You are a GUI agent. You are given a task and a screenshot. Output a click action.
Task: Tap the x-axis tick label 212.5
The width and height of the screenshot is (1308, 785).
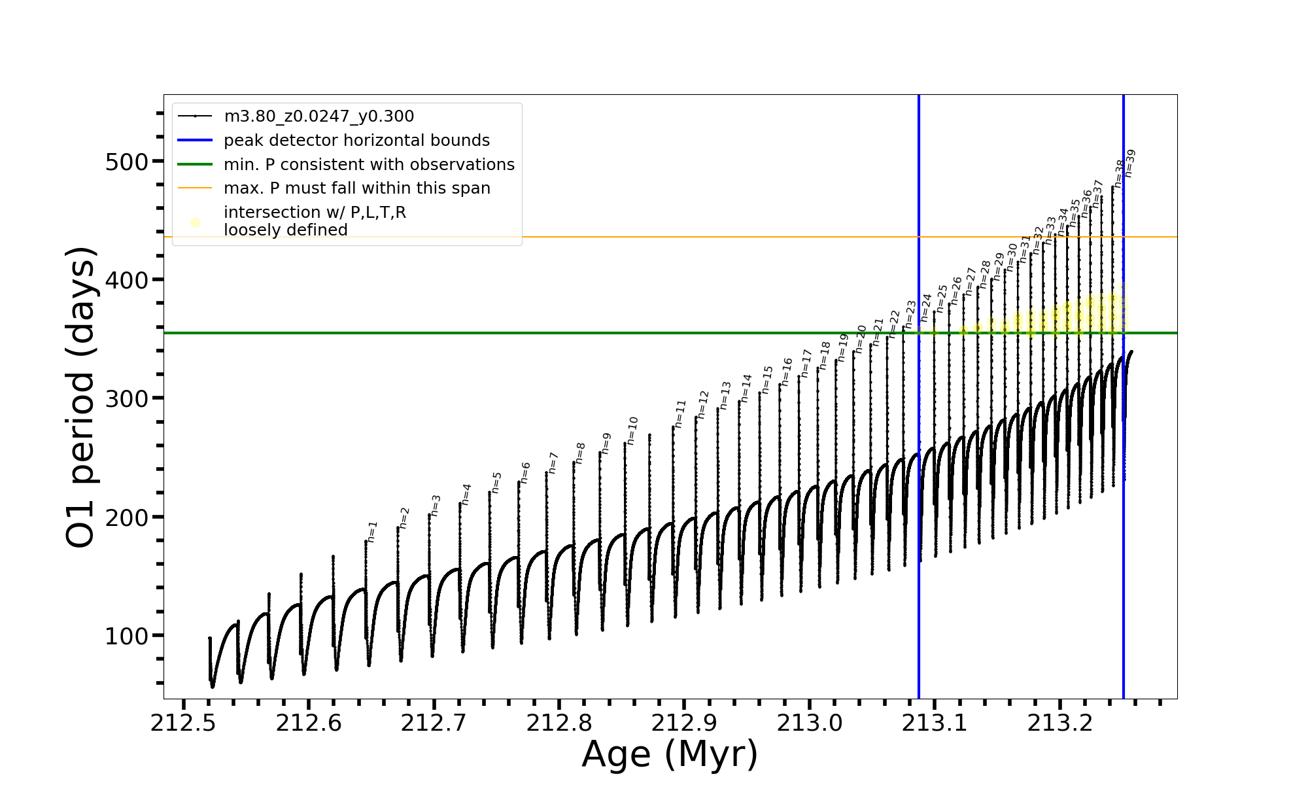point(183,724)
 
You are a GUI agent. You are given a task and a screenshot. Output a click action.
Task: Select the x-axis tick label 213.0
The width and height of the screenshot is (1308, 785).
point(810,724)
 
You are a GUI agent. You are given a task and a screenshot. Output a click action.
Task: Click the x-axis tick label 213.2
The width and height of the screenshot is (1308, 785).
point(1060,724)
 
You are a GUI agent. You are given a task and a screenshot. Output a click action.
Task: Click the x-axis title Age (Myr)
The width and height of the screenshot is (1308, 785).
point(670,754)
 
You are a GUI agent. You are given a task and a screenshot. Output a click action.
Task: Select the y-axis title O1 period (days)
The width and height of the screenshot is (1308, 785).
point(82,397)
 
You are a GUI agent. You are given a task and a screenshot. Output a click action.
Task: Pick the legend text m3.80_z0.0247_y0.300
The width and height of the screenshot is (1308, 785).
point(318,116)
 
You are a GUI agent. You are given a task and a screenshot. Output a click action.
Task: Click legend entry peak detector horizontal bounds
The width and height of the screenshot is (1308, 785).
point(356,141)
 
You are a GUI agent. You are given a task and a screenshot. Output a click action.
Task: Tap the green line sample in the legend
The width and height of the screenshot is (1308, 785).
point(195,164)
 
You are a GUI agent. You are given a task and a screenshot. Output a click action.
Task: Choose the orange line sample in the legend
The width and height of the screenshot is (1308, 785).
point(195,188)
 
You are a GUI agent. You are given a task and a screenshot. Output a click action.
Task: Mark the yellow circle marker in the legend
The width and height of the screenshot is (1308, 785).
point(195,223)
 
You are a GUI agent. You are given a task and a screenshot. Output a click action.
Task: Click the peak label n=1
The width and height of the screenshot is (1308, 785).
point(373,532)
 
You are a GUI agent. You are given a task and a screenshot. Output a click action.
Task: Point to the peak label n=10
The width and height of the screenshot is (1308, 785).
point(632,430)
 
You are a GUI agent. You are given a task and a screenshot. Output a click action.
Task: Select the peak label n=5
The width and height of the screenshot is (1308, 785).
point(496,483)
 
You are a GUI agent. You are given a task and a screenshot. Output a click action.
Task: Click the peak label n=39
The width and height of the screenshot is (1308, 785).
point(1129,164)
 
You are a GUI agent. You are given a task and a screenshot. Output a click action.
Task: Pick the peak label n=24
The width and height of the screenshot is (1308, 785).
point(926,307)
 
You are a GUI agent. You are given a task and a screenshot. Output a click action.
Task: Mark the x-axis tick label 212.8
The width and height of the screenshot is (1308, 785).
point(559,724)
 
